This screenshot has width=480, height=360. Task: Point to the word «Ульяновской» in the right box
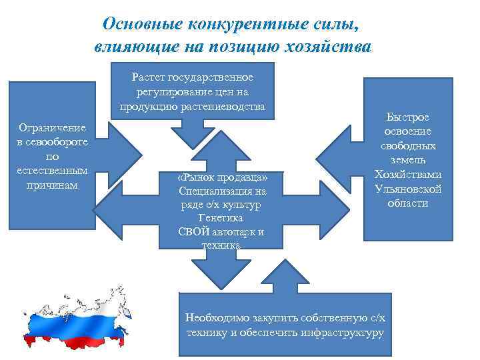[408, 189]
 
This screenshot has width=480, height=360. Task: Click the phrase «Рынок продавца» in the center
[223, 178]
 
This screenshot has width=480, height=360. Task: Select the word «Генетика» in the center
[221, 218]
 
